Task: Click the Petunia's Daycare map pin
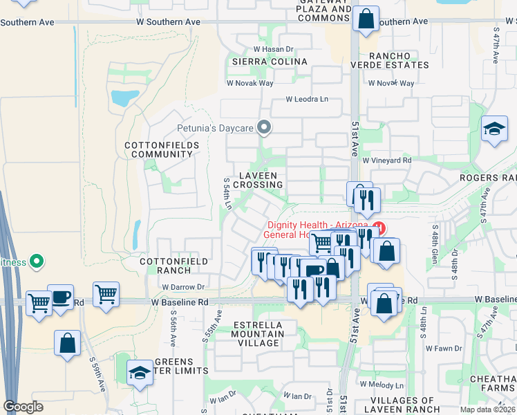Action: pyautogui.click(x=263, y=127)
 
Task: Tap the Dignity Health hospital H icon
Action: pyautogui.click(x=378, y=226)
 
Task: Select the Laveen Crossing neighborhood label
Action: pyautogui.click(x=258, y=180)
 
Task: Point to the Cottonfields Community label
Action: pyautogui.click(x=162, y=149)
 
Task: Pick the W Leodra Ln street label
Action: pyautogui.click(x=308, y=99)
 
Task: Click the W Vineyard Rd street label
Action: pyautogui.click(x=387, y=160)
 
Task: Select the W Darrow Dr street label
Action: pyautogui.click(x=184, y=286)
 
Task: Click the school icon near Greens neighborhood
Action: pyautogui.click(x=140, y=373)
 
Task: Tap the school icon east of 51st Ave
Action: pyautogui.click(x=494, y=129)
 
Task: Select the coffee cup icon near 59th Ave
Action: pyautogui.click(x=61, y=297)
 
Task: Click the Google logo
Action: pyautogui.click(x=23, y=407)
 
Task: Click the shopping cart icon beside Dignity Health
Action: pyautogui.click(x=322, y=243)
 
